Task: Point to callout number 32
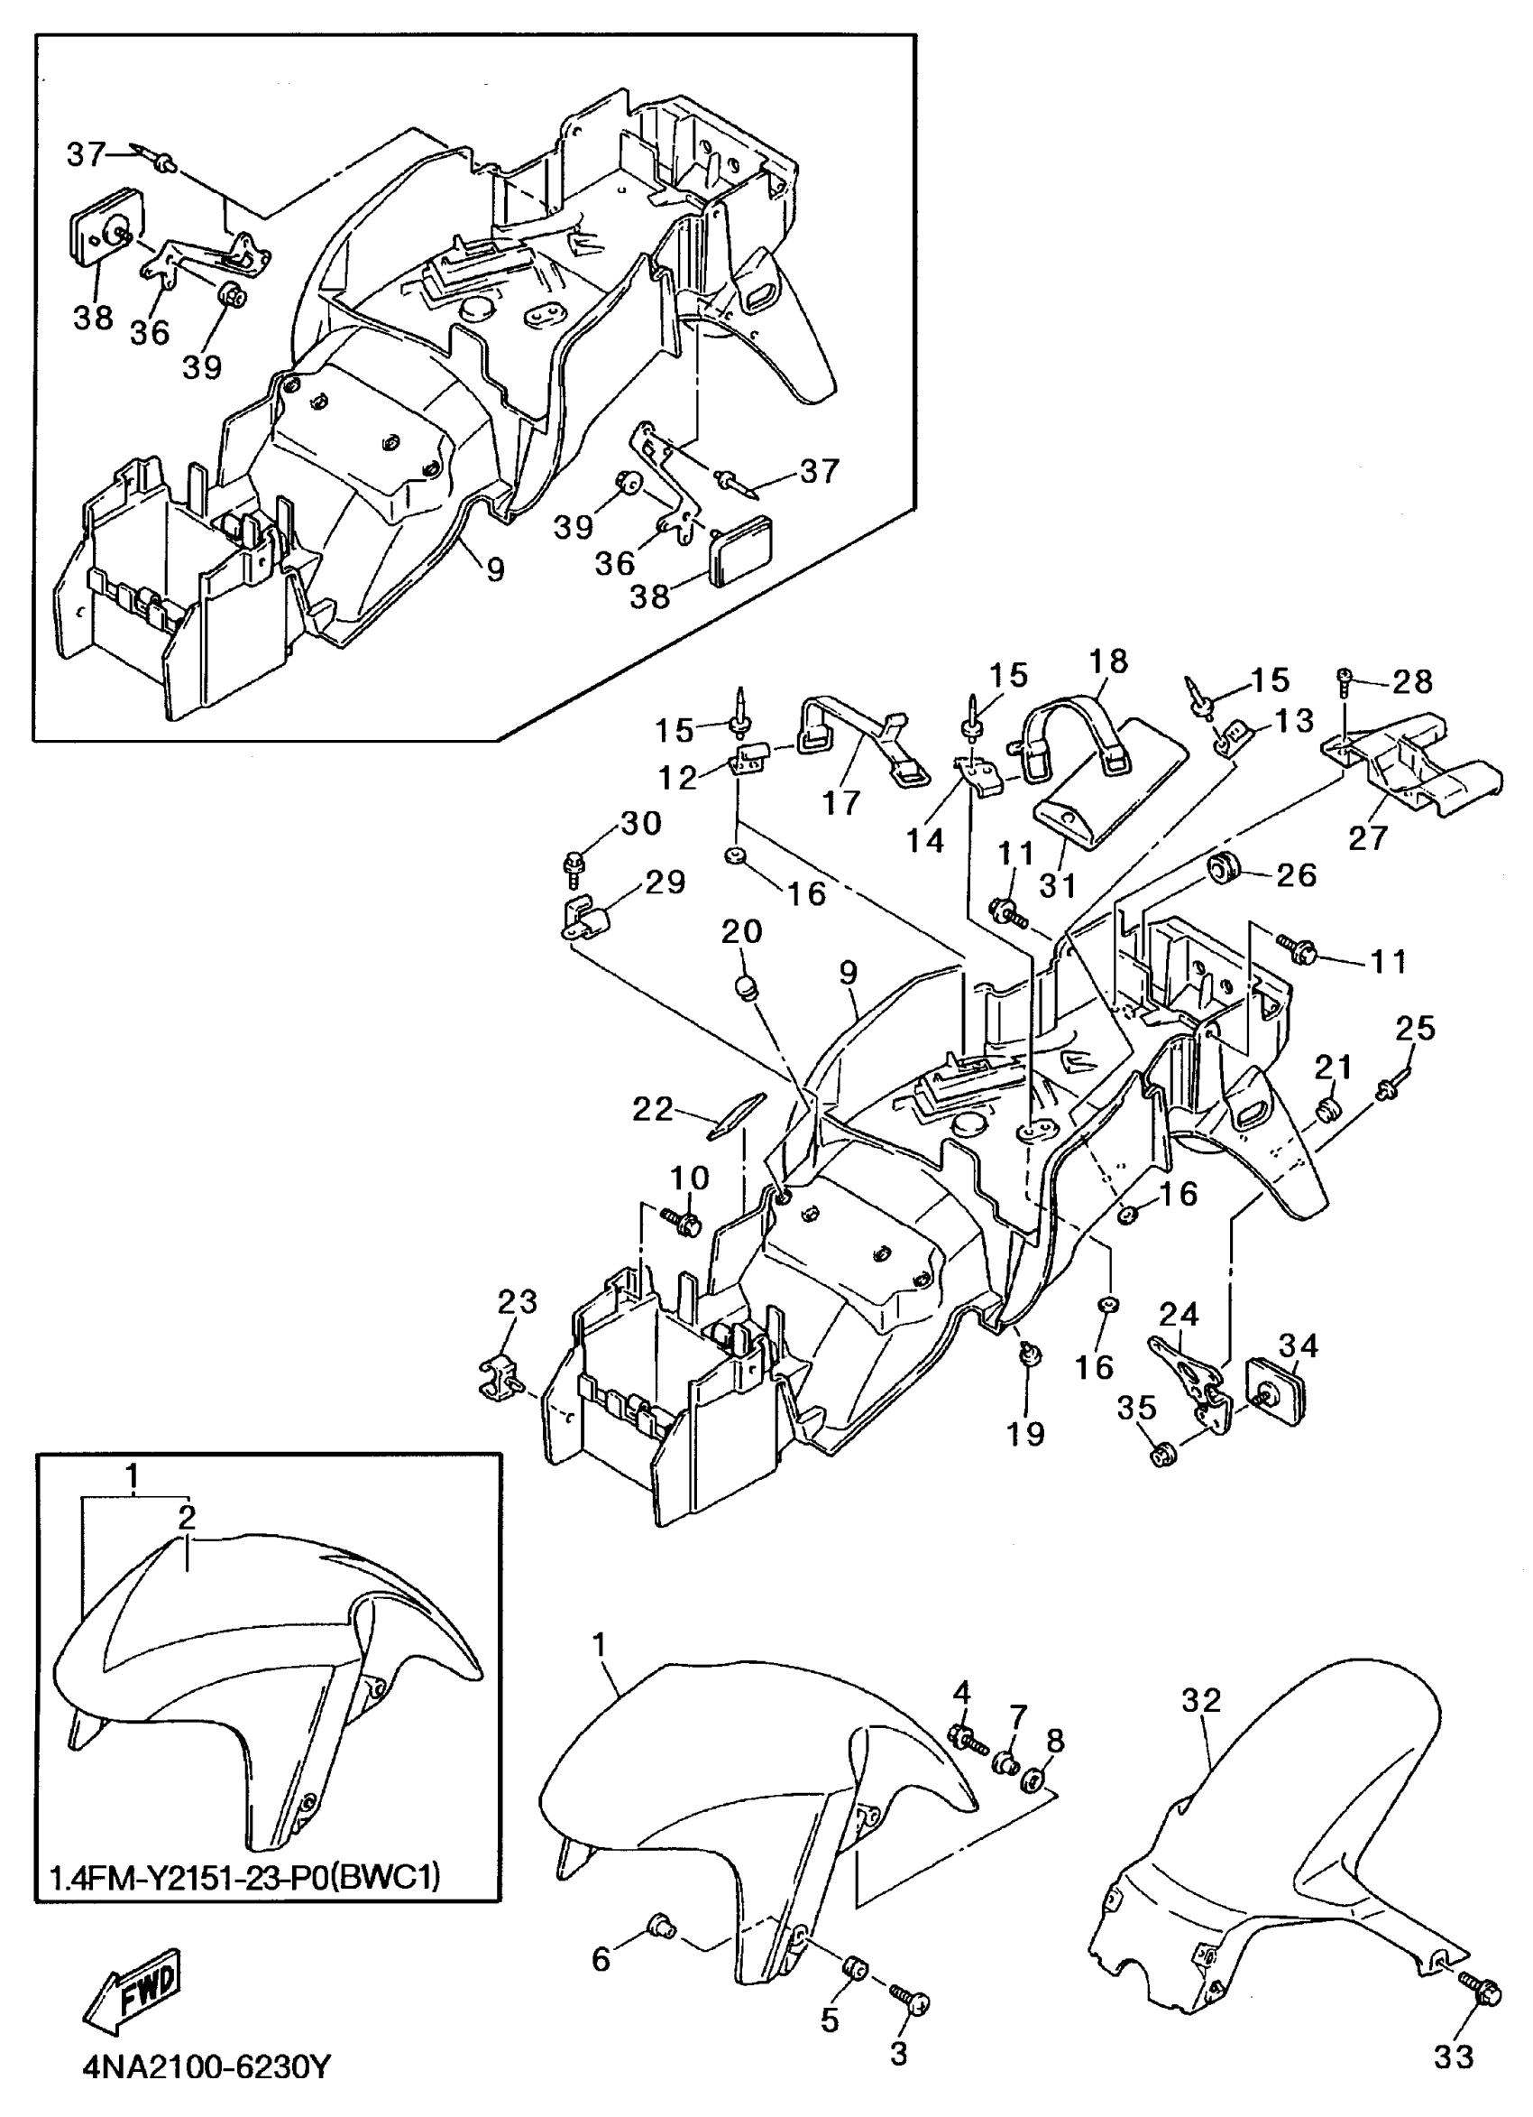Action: (1201, 1700)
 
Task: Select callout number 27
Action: (1368, 837)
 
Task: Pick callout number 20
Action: (742, 930)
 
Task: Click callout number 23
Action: (517, 1301)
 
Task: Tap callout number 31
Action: (1058, 885)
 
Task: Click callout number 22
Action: (652, 1109)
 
